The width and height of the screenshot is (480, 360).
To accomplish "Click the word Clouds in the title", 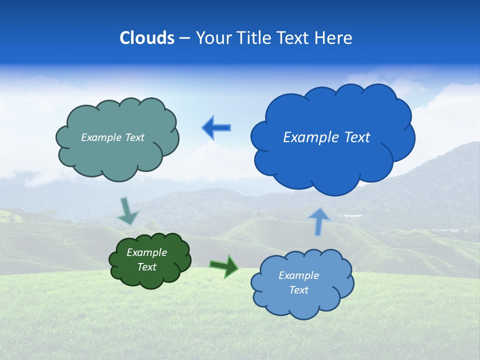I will (x=147, y=38).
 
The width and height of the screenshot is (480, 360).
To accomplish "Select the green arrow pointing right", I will (x=224, y=266).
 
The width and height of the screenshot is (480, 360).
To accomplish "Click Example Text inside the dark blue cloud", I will (x=326, y=137).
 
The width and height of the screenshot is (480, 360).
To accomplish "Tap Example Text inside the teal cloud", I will (x=112, y=137).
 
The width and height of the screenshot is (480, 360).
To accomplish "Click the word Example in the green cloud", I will (x=146, y=252).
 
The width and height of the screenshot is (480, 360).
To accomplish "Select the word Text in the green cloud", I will (x=146, y=267).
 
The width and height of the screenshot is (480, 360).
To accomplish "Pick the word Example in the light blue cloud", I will (x=298, y=275).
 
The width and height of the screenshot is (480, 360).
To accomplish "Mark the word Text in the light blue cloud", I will (x=298, y=290).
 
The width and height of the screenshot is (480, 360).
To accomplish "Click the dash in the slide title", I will (x=184, y=38).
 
